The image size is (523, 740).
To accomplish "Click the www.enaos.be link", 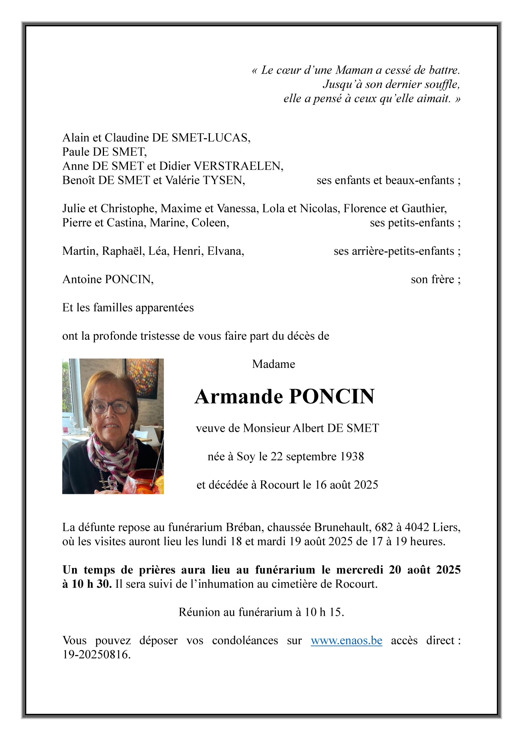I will (346, 641).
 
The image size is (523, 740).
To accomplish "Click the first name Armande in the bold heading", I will (239, 397).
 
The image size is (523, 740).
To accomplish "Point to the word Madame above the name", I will (273, 364).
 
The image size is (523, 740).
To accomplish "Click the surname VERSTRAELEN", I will (238, 166).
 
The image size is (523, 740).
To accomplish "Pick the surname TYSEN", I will (224, 180).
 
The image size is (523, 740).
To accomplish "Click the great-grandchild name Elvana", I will (225, 251).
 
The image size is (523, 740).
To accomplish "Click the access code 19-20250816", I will (96, 655).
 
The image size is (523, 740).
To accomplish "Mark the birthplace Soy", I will (246, 456).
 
